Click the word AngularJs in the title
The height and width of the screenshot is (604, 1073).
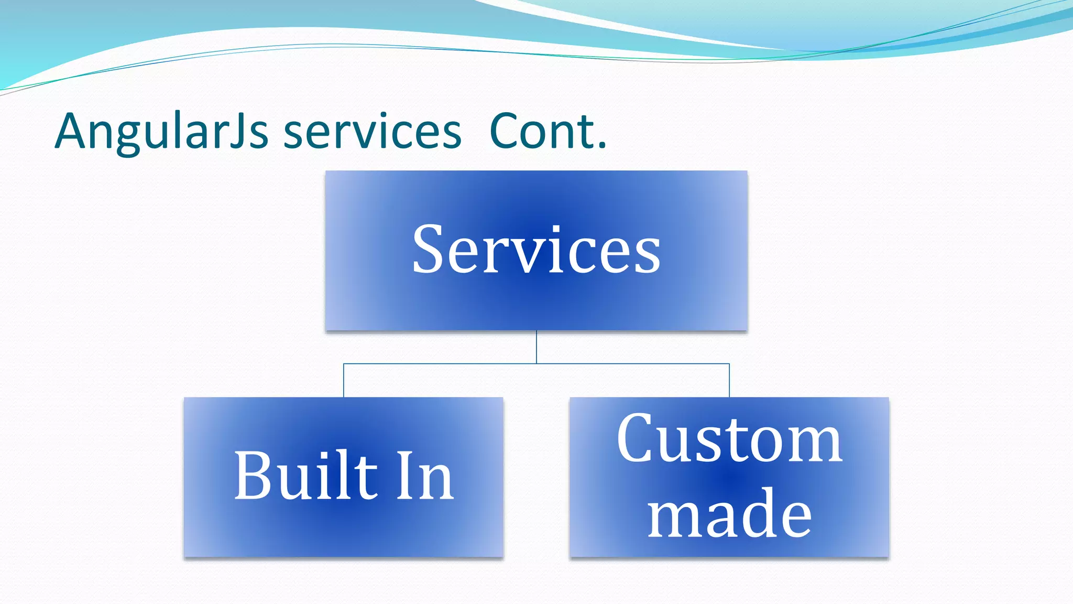(161, 132)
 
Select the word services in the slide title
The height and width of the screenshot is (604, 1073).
(372, 132)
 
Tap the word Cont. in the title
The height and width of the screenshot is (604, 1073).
(548, 132)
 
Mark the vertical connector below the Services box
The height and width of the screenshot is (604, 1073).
(536, 347)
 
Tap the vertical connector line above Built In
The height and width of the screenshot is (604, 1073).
(344, 381)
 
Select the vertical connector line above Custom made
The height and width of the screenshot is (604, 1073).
(729, 381)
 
